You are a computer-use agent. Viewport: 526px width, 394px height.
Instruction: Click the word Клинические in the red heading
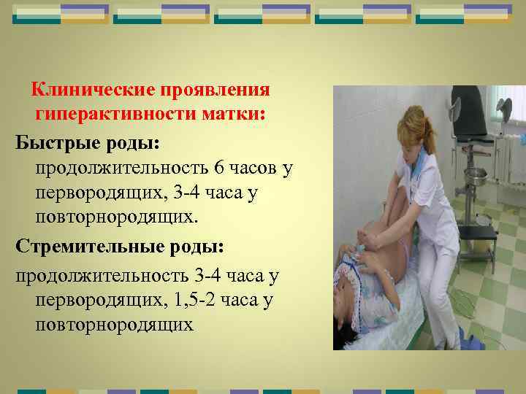coord(93,90)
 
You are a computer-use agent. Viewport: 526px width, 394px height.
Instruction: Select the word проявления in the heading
coord(215,90)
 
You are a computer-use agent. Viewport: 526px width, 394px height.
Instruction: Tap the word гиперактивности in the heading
coord(115,114)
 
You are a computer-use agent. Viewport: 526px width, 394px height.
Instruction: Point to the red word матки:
coord(234,114)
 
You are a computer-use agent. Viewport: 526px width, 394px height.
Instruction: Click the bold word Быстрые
coord(58,144)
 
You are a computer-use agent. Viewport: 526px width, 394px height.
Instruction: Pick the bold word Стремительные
coord(90,247)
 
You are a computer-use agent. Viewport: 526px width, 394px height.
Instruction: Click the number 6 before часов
coord(218,168)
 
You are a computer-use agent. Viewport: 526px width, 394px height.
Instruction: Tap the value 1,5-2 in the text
coord(194,300)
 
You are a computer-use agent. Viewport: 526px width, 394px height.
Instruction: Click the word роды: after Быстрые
coord(133,144)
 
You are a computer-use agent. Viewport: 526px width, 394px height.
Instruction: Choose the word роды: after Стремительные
coord(197,247)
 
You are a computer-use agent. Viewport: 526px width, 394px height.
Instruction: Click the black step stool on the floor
coord(476,242)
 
